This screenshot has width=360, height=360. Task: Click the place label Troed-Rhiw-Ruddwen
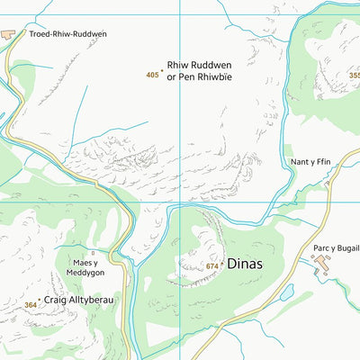point(68,34)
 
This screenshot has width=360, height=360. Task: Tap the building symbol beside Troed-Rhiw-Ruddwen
point(9,34)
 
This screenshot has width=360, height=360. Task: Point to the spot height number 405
point(152,76)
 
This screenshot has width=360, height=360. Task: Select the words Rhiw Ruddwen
point(195,66)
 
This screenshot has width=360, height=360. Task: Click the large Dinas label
point(246,265)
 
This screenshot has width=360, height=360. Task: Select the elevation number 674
point(211,266)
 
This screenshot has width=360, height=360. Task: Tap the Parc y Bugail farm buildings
point(322,263)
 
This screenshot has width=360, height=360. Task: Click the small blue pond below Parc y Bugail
point(286,293)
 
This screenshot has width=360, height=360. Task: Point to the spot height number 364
point(31,305)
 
